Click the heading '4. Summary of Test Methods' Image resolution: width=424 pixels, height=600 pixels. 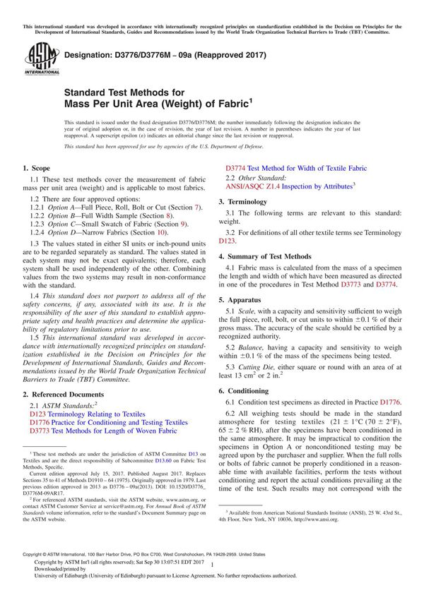[x=264, y=256]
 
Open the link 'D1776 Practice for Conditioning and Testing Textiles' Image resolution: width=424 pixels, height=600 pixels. [x=109, y=422]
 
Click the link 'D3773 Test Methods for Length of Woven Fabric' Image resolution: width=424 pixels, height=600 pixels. [x=103, y=431]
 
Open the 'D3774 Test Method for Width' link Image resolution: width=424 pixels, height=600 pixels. [x=296, y=169]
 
